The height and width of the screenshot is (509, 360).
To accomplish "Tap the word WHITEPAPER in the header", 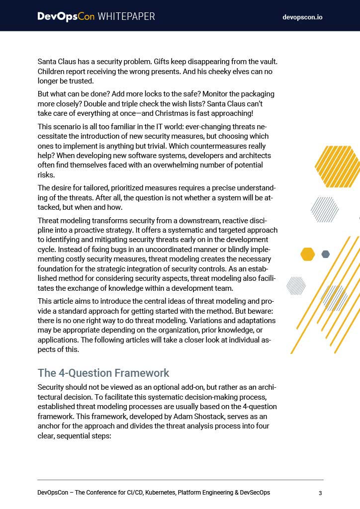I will (x=126, y=16).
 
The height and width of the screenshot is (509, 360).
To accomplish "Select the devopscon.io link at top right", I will (x=302, y=17).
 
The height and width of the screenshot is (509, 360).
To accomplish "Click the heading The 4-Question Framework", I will (x=103, y=373).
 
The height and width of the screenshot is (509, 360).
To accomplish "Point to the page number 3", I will (x=320, y=493).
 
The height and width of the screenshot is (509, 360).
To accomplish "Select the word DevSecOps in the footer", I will (x=253, y=493).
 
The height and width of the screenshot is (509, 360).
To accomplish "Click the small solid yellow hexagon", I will (x=308, y=254).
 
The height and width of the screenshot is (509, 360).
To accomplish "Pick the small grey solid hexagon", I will (x=326, y=254).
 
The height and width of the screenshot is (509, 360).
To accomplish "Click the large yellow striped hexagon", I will (x=338, y=167).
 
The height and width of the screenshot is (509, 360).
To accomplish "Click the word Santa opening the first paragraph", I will (x=48, y=62).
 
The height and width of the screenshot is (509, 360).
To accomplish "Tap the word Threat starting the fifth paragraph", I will (x=49, y=221).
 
